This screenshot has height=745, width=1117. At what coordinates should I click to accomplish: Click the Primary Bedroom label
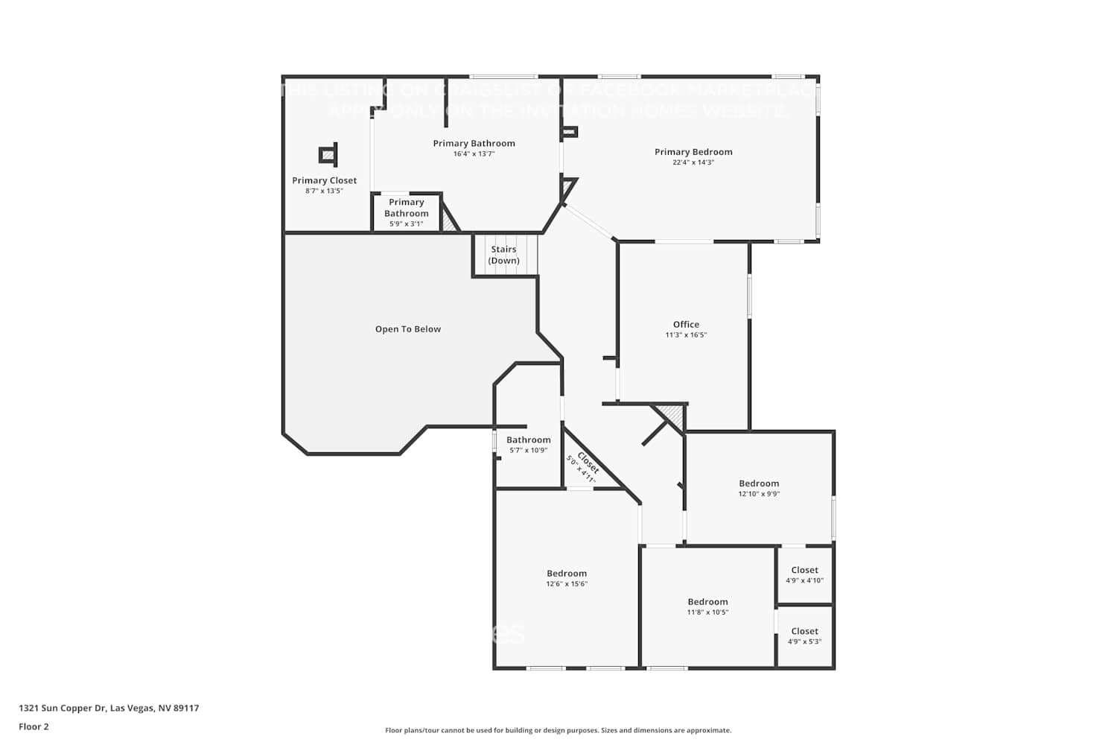click(x=693, y=152)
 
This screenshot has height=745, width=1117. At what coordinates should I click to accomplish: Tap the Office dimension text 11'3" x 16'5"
click(x=686, y=335)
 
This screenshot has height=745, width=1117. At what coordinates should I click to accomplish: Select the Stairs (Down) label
click(x=504, y=255)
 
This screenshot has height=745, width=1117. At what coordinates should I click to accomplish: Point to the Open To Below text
click(x=408, y=329)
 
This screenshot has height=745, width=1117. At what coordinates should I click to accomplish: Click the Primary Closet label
click(x=324, y=180)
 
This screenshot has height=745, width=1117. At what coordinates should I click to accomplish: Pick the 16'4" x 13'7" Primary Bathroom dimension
click(x=474, y=154)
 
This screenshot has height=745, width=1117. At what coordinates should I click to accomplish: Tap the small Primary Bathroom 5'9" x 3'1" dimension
click(x=406, y=223)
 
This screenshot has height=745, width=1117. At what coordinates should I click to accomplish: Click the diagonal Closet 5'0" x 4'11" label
click(x=586, y=467)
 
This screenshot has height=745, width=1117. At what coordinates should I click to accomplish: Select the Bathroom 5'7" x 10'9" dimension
click(x=528, y=451)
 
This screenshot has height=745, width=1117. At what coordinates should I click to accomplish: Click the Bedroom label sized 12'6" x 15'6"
click(x=567, y=574)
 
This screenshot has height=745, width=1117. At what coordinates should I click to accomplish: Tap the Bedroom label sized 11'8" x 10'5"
click(x=707, y=602)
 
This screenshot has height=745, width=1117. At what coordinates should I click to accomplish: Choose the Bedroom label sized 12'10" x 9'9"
click(x=759, y=484)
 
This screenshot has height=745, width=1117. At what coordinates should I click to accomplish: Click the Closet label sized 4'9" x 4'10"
click(x=804, y=570)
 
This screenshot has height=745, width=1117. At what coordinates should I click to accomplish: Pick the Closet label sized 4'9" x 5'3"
click(x=804, y=631)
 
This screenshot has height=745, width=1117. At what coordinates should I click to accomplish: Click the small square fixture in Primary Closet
click(x=328, y=155)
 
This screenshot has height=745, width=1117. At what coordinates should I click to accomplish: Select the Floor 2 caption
click(x=34, y=726)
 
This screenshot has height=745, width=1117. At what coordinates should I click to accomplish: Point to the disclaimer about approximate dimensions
click(x=558, y=731)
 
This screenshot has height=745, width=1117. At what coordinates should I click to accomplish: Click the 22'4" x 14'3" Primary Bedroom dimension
click(x=693, y=162)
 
